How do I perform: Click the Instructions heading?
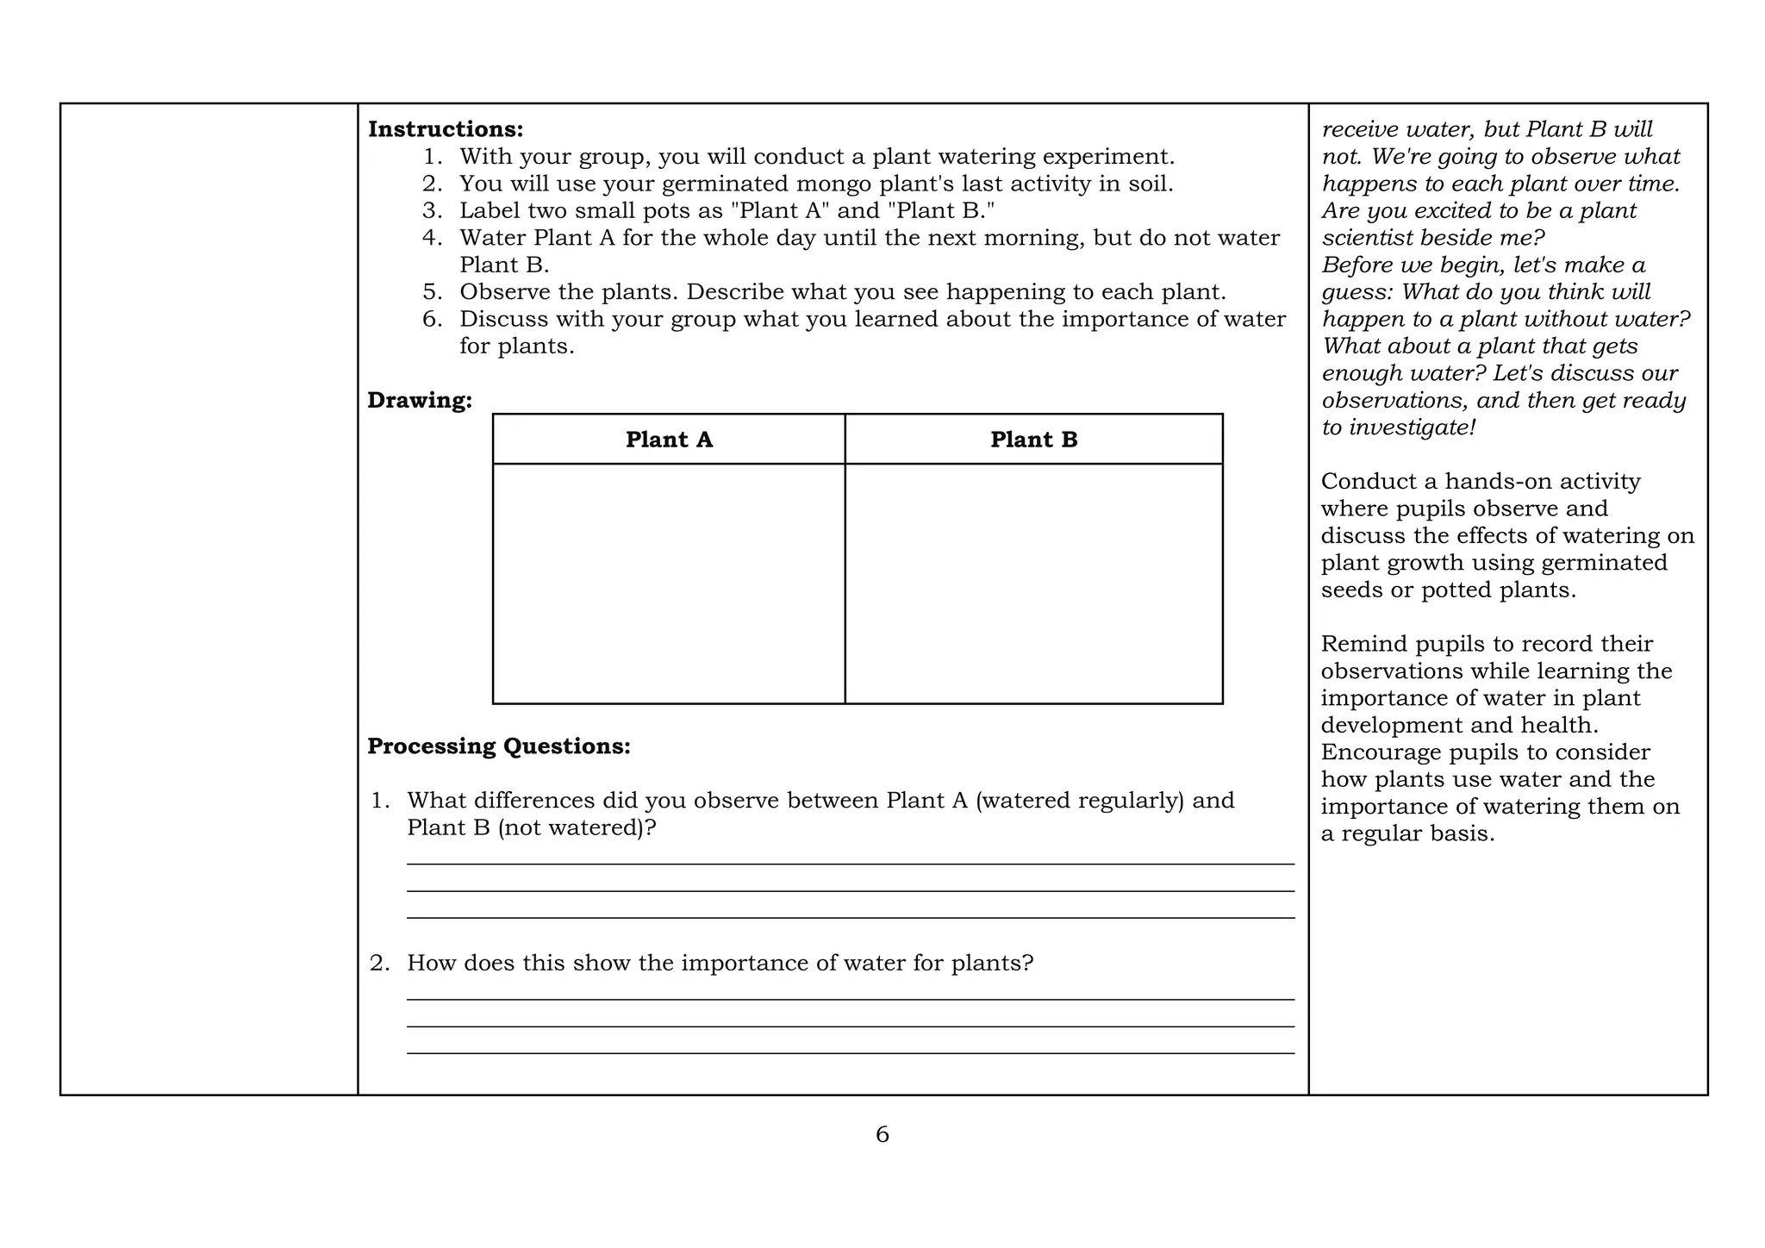click(x=446, y=129)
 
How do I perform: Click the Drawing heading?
click(x=420, y=400)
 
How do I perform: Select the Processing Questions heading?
click(x=499, y=746)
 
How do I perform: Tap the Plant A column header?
click(x=669, y=440)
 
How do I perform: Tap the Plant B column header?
click(x=1033, y=440)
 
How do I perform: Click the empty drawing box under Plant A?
click(x=669, y=583)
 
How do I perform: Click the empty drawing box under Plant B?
click(x=1033, y=583)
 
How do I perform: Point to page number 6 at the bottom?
click(x=882, y=1135)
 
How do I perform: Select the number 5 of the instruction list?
click(x=431, y=292)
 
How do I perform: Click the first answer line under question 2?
click(x=850, y=999)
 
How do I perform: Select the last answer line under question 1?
click(x=850, y=918)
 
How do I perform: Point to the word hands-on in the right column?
click(x=1500, y=482)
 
